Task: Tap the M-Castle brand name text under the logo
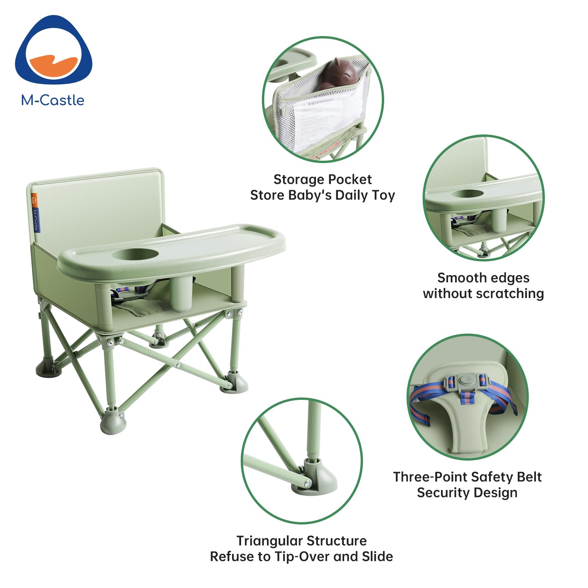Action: pyautogui.click(x=53, y=100)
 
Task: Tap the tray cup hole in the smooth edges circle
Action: pyautogui.click(x=467, y=194)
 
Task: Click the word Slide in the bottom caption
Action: pyautogui.click(x=378, y=557)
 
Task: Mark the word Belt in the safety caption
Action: pyautogui.click(x=529, y=477)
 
